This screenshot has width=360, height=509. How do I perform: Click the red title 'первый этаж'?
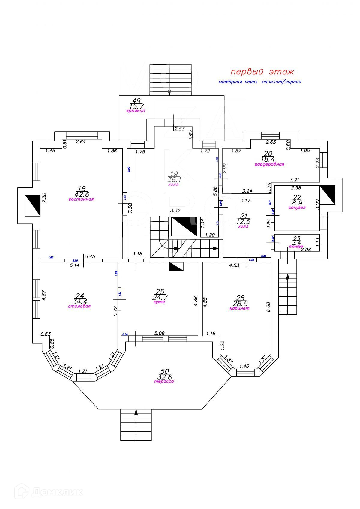click(262, 72)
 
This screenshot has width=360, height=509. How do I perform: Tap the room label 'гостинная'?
click(81, 199)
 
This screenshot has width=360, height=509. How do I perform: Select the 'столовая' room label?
click(79, 306)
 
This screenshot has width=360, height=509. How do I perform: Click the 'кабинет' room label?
click(239, 308)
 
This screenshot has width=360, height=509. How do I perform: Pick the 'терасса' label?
click(164, 382)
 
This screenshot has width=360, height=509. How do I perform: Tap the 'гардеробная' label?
click(269, 164)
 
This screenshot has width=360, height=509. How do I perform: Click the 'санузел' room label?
click(297, 208)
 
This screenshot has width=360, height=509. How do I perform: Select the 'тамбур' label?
click(296, 246)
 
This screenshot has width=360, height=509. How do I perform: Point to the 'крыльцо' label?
click(136, 111)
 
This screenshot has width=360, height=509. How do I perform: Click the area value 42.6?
click(82, 194)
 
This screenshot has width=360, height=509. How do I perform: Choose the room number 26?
click(241, 298)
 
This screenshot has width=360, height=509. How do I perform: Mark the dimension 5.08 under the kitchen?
click(159, 333)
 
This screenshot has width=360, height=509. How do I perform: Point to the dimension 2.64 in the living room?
click(81, 142)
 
